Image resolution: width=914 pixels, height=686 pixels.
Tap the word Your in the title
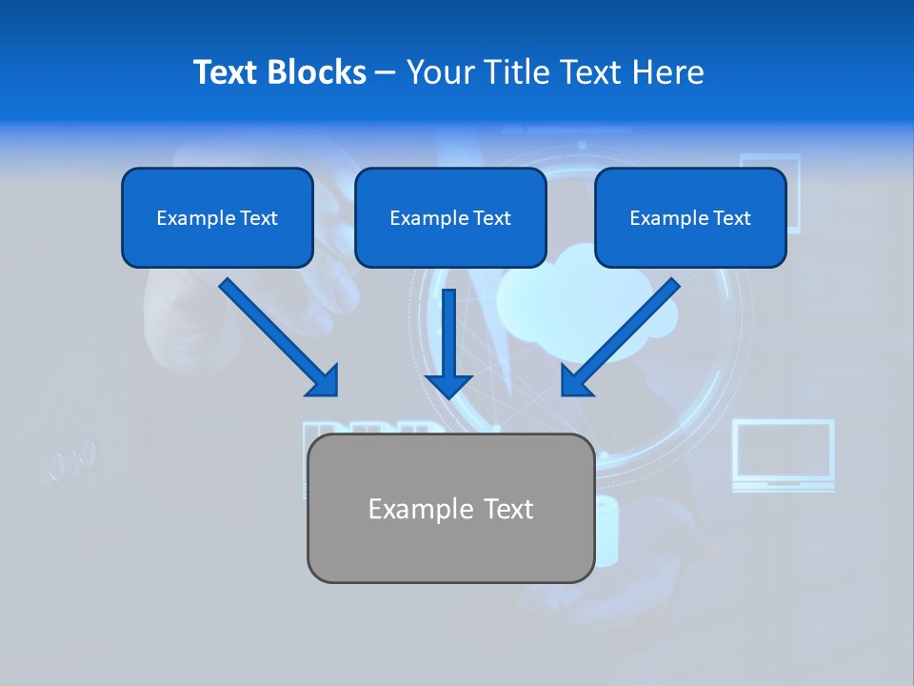click(440, 72)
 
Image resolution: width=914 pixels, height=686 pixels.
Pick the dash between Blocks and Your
click(386, 73)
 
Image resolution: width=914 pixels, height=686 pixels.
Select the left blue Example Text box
click(217, 218)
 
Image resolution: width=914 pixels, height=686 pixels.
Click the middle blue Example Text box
click(450, 218)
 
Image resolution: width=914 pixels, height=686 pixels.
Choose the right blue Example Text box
click(690, 218)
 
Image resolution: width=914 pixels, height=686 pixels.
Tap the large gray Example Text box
click(450, 509)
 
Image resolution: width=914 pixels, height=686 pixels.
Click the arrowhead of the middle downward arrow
click(449, 384)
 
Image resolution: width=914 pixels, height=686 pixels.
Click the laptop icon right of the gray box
click(783, 455)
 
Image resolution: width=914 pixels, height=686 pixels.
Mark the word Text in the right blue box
click(730, 218)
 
